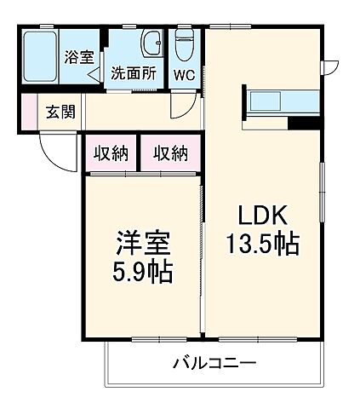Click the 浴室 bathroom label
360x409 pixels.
79,58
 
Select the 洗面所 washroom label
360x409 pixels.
133,74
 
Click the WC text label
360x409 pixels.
184,74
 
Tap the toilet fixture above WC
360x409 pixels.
184,43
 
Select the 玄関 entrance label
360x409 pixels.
60,111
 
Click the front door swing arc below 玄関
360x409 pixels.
53,155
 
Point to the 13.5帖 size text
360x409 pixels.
261,245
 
